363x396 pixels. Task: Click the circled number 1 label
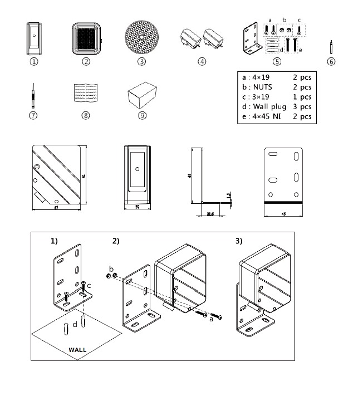[x=34, y=62]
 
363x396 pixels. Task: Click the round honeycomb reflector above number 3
[x=142, y=37]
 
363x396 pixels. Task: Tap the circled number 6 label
[x=331, y=62]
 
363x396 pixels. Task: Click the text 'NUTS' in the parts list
[x=262, y=87]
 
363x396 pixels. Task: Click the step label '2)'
[x=116, y=241]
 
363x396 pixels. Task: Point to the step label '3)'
[x=239, y=241]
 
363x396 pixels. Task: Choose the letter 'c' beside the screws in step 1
[x=89, y=286]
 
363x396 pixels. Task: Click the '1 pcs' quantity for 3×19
[x=302, y=97]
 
